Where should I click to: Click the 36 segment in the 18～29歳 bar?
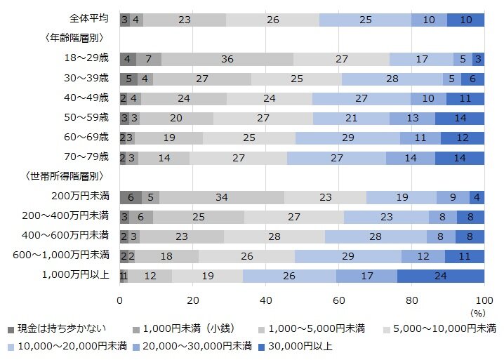pyautogui.click(x=227, y=59)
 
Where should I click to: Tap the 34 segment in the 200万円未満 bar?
pyautogui.click(x=222, y=197)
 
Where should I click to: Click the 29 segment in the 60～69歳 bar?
pyautogui.click(x=347, y=138)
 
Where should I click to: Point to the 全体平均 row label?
pyautogui.click(x=89, y=19)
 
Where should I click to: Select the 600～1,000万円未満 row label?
pyautogui.click(x=62, y=255)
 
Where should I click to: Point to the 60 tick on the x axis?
pyautogui.click(x=339, y=300)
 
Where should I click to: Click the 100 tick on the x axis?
pyautogui.click(x=484, y=300)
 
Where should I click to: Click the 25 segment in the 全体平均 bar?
pyautogui.click(x=365, y=20)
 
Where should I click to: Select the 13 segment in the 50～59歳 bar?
pyautogui.click(x=412, y=118)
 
